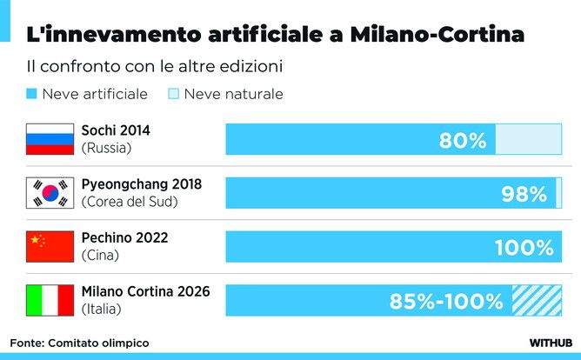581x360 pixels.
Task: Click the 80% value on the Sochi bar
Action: (462, 140)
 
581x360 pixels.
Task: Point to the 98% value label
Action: (524, 194)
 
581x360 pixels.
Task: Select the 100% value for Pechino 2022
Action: (524, 248)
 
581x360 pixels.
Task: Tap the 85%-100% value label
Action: (446, 302)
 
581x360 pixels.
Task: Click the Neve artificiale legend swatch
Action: (31, 94)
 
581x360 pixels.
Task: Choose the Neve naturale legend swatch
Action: (173, 94)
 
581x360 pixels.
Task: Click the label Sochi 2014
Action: (116, 130)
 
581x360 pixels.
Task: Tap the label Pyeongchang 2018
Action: (141, 184)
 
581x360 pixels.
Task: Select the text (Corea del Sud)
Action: (129, 202)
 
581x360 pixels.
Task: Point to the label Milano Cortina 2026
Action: (145, 291)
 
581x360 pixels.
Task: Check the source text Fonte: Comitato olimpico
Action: (80, 343)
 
